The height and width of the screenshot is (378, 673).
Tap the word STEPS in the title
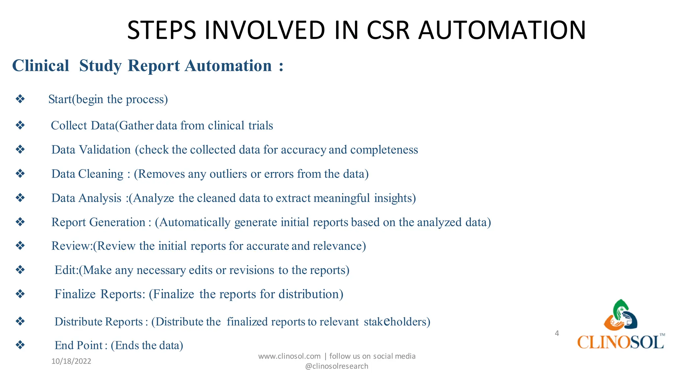point(161,30)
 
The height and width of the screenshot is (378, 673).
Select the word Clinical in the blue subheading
point(41,66)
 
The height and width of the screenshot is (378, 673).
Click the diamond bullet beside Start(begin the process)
point(20,99)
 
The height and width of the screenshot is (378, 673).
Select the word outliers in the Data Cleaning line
point(228,174)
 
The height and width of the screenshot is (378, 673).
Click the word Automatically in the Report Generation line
point(195,222)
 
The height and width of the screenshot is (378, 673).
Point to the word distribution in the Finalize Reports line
point(311,294)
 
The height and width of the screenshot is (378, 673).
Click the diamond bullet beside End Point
point(20,345)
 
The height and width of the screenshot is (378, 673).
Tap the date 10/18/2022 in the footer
point(71,361)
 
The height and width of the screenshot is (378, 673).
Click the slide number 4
point(557,333)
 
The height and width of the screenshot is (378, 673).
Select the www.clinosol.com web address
point(289,356)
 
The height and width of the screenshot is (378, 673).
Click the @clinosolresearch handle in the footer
point(336,366)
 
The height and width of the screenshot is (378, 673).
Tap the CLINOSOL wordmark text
point(620,342)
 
